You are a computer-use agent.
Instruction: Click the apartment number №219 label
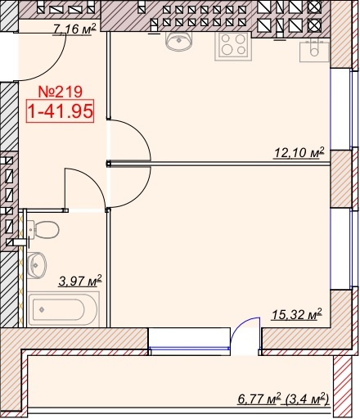click(x=61, y=92)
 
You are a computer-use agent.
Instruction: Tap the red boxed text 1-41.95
click(x=60, y=111)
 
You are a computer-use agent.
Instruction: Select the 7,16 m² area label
click(x=74, y=29)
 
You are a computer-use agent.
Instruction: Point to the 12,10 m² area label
click(x=299, y=152)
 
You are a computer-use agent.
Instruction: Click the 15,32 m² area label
click(x=297, y=314)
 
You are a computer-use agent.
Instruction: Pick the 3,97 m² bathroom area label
click(x=80, y=281)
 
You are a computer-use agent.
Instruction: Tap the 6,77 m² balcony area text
click(x=259, y=399)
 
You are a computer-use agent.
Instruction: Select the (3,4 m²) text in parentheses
click(x=307, y=399)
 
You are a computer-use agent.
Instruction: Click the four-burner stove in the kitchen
click(x=233, y=46)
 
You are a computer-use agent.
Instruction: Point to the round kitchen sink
click(x=178, y=42)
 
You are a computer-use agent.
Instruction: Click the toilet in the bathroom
click(x=43, y=230)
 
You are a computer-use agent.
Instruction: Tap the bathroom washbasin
click(x=37, y=265)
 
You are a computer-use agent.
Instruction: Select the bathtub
click(x=63, y=309)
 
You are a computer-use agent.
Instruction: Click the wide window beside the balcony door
click(x=189, y=341)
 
